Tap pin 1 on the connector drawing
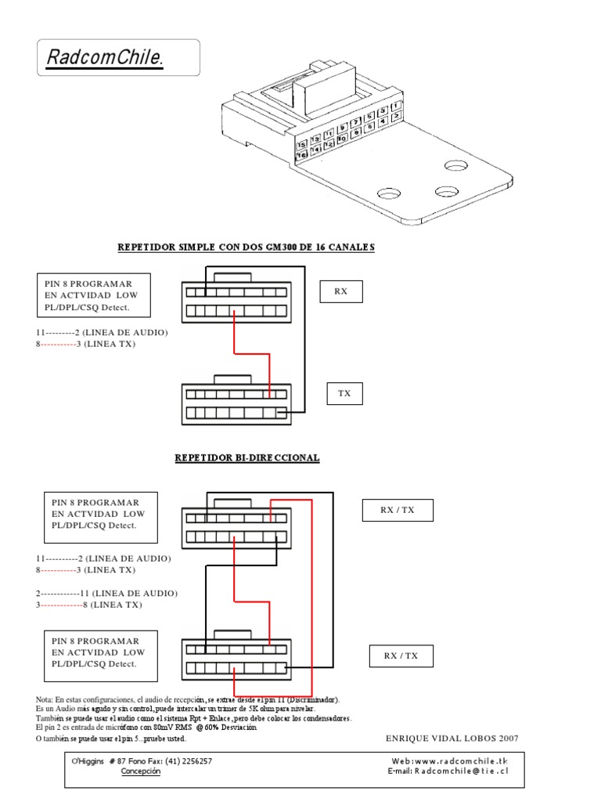coord(398,106)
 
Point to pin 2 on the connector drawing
coord(398,116)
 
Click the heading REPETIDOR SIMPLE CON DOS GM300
coord(246,247)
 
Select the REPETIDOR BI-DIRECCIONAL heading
coord(247,457)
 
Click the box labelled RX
coord(340,291)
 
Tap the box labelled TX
coord(344,393)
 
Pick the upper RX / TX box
coord(397,510)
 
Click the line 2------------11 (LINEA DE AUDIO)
coord(106,593)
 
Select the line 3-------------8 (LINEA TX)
coord(89,605)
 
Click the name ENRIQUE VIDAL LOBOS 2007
coord(452,738)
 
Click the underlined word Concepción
coord(141,771)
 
